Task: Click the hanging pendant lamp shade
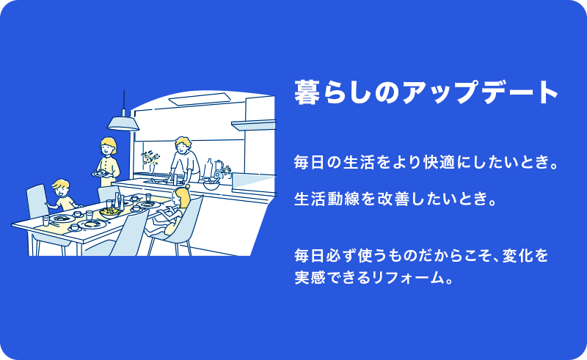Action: pos(123,123)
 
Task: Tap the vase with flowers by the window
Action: pos(150,161)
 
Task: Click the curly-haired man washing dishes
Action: pos(184,160)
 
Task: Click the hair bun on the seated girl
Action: pos(187,186)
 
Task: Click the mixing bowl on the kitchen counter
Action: pos(211,184)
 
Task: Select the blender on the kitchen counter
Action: pos(218,169)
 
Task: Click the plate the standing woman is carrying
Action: pos(101,173)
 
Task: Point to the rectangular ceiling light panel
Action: pos(200,99)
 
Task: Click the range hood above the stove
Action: pos(254,125)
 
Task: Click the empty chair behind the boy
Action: pos(37,202)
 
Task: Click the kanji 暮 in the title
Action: pos(307,92)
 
